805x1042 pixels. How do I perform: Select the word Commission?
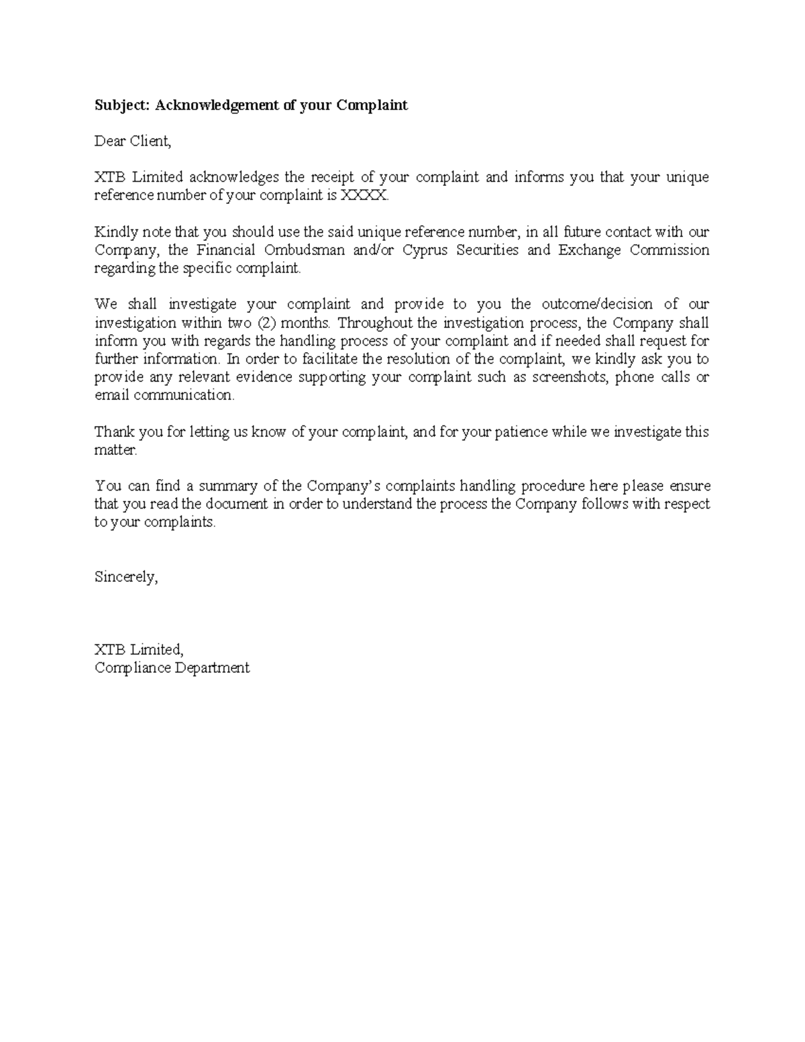click(x=669, y=250)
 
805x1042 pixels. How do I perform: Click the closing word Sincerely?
click(x=126, y=577)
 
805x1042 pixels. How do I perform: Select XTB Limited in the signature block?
click(x=138, y=649)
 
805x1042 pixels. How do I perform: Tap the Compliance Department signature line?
click(x=172, y=668)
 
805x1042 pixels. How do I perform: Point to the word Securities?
click(x=487, y=250)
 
